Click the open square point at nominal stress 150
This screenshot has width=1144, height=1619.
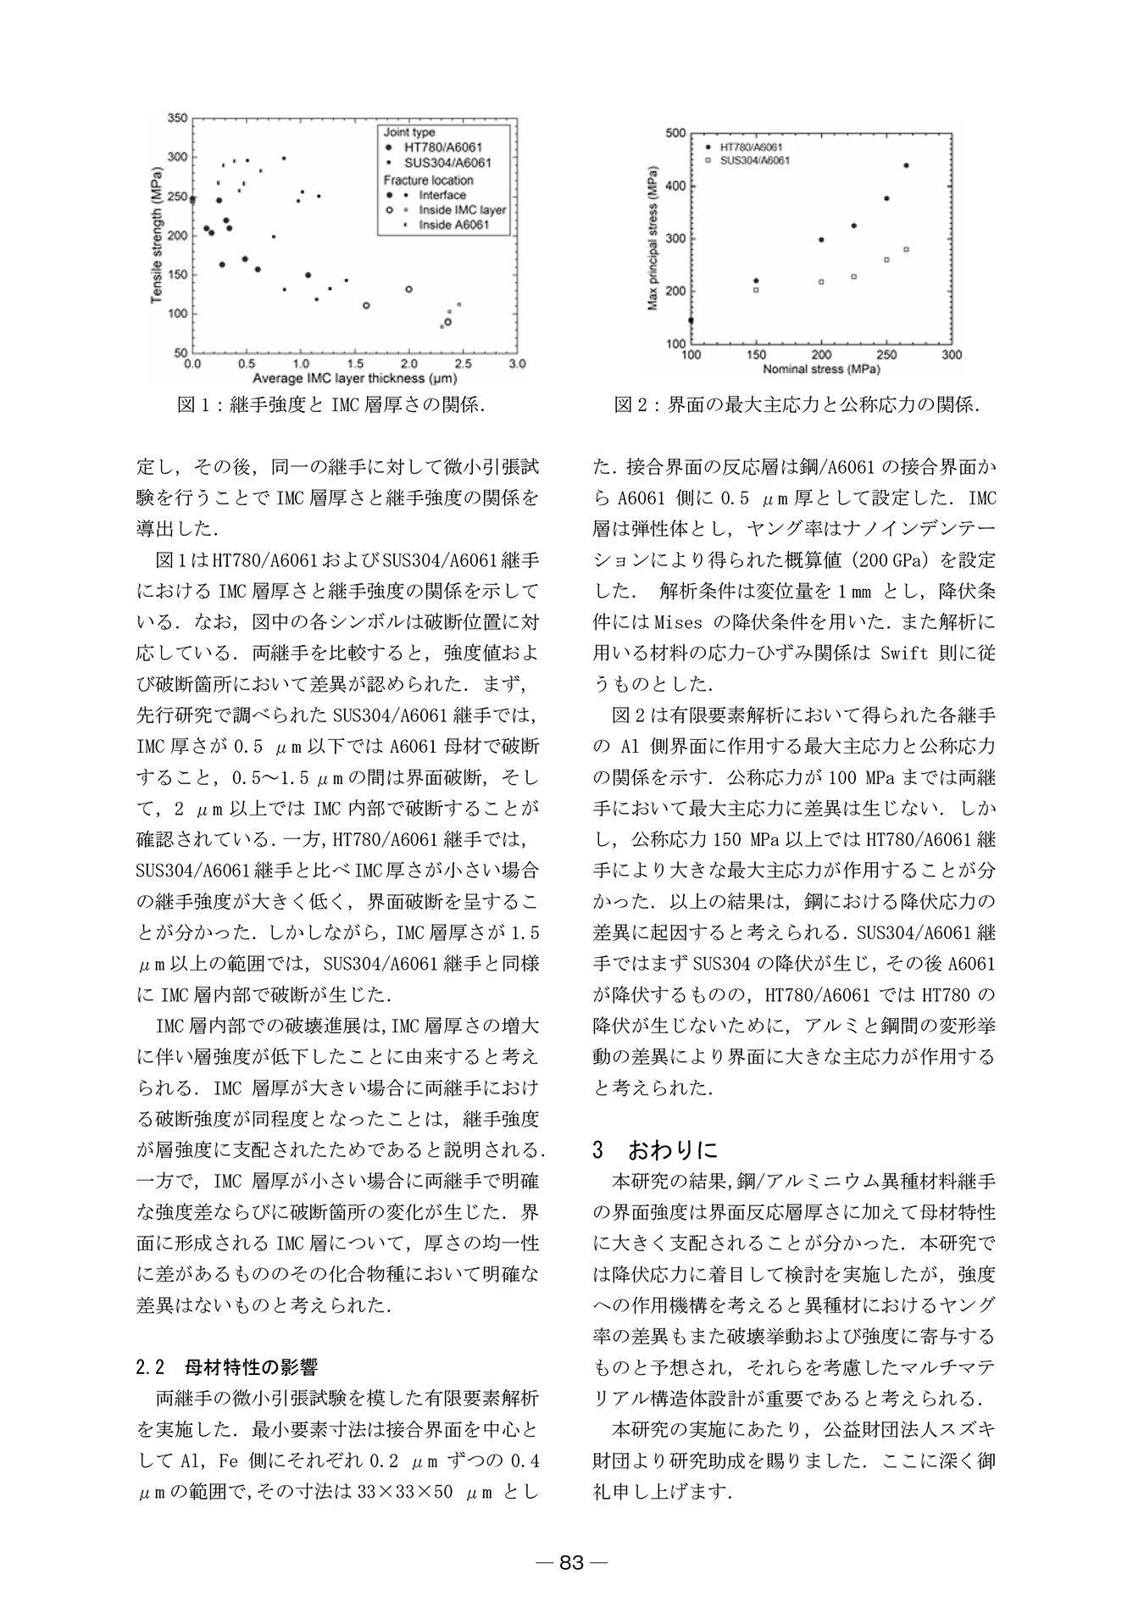(x=756, y=290)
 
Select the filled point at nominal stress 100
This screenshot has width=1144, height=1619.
(x=691, y=320)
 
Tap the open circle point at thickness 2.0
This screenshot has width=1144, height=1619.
(x=408, y=289)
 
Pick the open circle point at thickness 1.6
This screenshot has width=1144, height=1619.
(x=366, y=305)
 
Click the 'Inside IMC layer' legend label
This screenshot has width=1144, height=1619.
(x=463, y=210)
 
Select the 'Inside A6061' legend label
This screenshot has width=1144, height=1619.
(x=453, y=225)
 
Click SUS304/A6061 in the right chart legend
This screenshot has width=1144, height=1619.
(x=755, y=160)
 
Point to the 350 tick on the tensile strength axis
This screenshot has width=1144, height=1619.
(x=177, y=118)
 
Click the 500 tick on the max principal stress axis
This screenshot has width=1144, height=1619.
(x=675, y=133)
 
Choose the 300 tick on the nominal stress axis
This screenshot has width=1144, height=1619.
(x=952, y=355)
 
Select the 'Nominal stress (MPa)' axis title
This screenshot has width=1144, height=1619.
(x=820, y=370)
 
